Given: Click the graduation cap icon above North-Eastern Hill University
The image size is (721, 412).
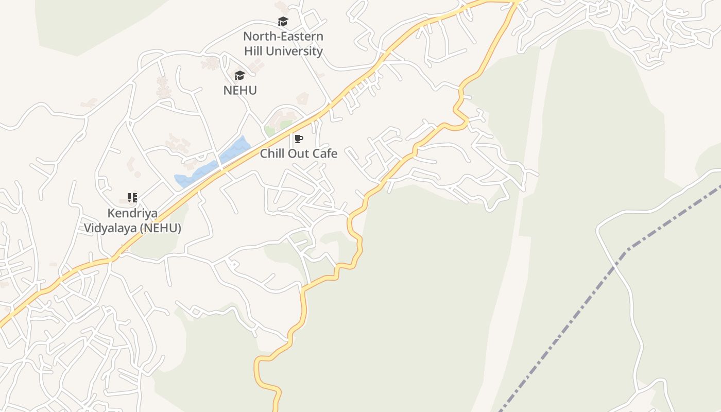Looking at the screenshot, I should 283,22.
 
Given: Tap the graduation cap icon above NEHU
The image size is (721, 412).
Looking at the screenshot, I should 239,76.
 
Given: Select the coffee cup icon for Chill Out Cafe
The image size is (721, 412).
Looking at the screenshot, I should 298,139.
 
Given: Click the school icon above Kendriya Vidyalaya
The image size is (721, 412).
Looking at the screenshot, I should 132,198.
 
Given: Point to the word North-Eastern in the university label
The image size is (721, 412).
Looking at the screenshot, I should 283,37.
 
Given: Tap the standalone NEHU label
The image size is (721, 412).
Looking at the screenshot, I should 239,90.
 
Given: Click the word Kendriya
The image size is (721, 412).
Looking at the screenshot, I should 132,213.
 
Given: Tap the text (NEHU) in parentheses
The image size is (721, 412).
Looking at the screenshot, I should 160,228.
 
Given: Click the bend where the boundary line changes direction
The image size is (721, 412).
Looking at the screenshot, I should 626,252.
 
